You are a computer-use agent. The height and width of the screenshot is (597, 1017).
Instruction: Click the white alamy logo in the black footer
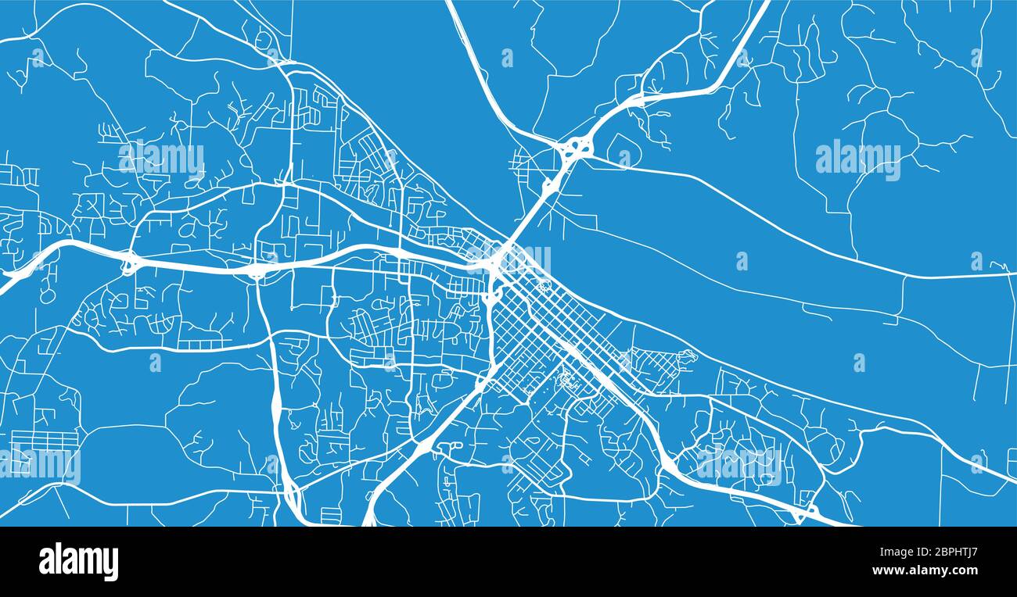[78, 562]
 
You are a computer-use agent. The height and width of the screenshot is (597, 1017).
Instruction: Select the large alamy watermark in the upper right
[857, 160]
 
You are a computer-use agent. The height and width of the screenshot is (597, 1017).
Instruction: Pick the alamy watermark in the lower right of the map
[738, 465]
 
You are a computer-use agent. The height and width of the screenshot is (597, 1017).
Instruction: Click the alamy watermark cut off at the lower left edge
[39, 465]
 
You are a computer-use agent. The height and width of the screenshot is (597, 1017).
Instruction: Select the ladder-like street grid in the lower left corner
[45, 441]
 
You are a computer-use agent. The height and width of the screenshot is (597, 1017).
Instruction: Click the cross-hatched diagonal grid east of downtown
[654, 363]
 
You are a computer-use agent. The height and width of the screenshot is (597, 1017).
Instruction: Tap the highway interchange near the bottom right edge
[803, 512]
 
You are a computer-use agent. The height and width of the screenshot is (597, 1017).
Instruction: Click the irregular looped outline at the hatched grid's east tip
[686, 357]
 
